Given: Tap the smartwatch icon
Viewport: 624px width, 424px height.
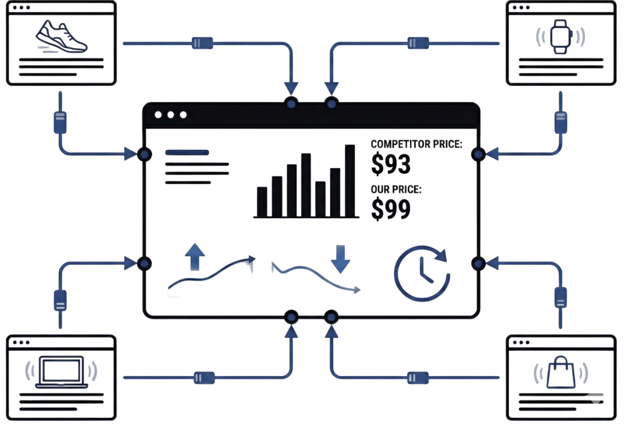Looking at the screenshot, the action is (561, 36).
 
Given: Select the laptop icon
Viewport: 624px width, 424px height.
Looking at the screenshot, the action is (61, 372).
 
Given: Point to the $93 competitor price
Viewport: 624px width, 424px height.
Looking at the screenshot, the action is (391, 163).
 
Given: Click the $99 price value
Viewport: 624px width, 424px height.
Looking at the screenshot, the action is (391, 208).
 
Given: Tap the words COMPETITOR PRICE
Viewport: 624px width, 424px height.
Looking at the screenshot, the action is (416, 144).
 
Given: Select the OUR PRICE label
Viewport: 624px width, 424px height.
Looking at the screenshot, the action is (396, 189).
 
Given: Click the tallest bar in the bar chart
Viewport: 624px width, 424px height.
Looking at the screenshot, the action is (350, 181).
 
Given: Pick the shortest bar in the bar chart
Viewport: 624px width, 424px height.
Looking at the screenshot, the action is (262, 202).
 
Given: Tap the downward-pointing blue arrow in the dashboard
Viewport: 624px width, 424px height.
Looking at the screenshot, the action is (340, 260).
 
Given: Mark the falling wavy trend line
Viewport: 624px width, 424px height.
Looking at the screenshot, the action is (317, 278).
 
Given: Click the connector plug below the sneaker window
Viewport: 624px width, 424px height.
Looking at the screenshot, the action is (59, 122).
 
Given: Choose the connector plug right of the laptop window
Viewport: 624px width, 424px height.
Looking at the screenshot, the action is (204, 378).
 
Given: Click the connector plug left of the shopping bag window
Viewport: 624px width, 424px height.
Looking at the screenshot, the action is (418, 378).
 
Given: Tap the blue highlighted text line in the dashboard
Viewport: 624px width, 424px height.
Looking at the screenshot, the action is (187, 153).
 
